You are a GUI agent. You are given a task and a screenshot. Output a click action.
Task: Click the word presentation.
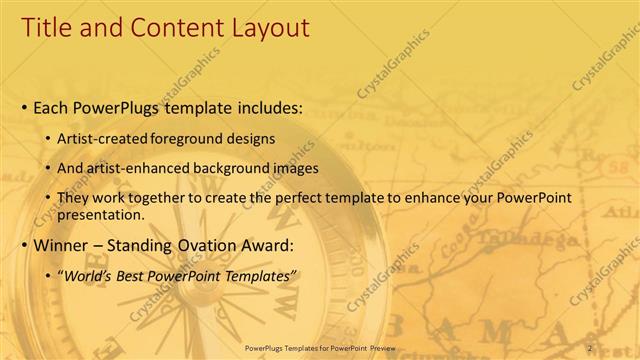coord(104,214)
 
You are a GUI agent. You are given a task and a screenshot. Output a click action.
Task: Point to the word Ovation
coord(208,244)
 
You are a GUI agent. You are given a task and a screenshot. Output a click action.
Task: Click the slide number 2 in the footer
coord(590,347)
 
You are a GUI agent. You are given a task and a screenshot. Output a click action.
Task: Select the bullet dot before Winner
coord(24,245)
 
